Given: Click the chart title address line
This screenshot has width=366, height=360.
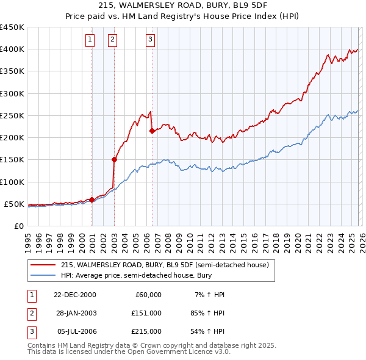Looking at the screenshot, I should [x=183, y=5].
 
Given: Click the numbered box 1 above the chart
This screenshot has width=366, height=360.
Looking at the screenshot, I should [x=90, y=40].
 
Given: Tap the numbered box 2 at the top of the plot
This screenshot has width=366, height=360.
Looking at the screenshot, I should [x=113, y=40].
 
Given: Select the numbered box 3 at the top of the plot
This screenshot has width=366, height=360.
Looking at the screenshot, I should [x=150, y=40].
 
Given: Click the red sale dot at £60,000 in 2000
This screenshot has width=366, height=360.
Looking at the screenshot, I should [x=92, y=200].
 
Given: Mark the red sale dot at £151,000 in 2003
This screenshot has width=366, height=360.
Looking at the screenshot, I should [x=115, y=159].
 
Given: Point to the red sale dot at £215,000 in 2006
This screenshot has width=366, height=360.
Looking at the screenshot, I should [x=152, y=131].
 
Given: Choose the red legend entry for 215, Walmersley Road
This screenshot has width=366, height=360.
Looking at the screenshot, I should [x=165, y=265].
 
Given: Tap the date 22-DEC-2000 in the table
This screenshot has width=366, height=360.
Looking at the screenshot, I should [x=75, y=295].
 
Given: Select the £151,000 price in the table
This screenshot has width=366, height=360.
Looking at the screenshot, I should [x=146, y=313].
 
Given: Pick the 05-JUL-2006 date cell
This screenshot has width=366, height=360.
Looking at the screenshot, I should [x=75, y=331].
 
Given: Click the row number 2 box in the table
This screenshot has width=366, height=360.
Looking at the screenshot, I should [x=31, y=313].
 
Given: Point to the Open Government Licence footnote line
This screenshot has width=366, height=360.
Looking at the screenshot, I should [x=129, y=352].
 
